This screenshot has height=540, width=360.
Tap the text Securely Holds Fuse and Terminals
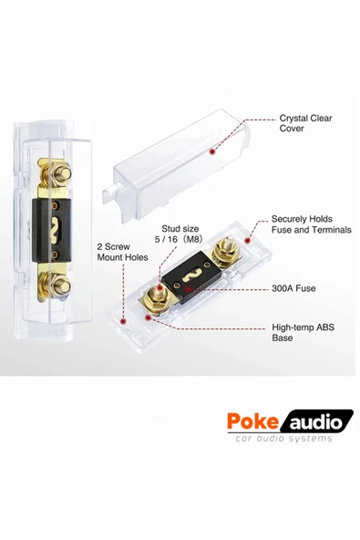(x=311, y=224)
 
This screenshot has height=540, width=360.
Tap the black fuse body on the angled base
(x=192, y=271)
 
